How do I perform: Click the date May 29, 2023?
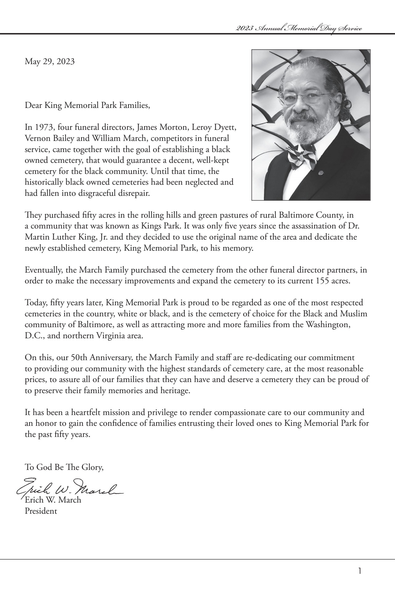[x=49, y=62]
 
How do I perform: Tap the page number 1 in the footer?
[x=360, y=571]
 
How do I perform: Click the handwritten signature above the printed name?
[x=69, y=488]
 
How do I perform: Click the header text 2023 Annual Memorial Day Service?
[x=299, y=28]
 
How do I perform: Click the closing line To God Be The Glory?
[x=64, y=467]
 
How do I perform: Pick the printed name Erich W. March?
[x=52, y=500]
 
